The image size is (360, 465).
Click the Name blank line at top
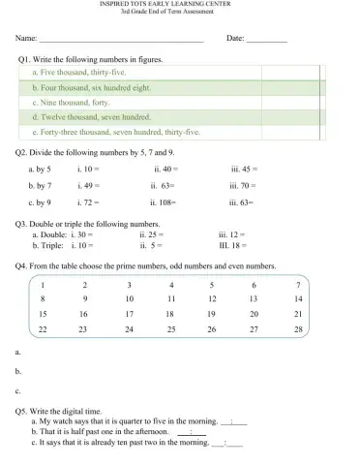tap(120, 41)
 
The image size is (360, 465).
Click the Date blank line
tap(267, 41)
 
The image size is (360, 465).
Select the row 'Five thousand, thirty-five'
tap(80, 73)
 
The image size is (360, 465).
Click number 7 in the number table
tap(298, 285)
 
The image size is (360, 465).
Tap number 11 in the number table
tap(171, 299)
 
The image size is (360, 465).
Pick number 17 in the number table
tap(130, 315)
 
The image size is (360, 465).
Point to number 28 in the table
tap(298, 330)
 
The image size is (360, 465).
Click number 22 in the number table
tap(43, 330)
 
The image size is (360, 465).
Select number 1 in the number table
tap(43, 285)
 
